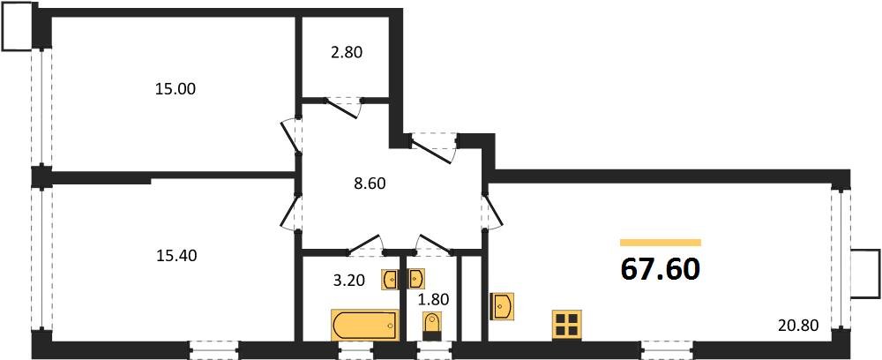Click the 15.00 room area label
175,89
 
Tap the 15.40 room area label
175,256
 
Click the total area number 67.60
661,268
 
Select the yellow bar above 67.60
661,242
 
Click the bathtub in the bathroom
364,324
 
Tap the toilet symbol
431,327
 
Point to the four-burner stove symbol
566,326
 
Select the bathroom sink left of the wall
390,280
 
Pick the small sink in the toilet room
417,279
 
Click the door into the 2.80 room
344,106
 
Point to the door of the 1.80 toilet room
433,244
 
